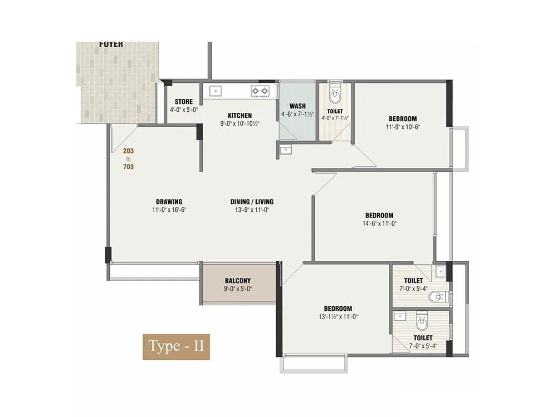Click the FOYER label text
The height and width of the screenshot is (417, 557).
click(111, 44)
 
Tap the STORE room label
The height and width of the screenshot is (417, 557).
click(184, 102)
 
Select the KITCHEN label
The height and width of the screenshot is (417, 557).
click(240, 116)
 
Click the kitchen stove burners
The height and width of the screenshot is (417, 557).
click(260, 90)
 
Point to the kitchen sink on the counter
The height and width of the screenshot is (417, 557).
click(214, 90)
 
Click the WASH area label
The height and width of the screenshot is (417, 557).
click(297, 106)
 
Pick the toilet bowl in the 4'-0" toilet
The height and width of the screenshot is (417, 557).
click(335, 97)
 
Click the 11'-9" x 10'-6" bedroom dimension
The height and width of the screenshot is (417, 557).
click(403, 127)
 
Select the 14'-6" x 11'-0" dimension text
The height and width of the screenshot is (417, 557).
click(379, 224)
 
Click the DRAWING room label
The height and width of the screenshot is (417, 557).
click(169, 202)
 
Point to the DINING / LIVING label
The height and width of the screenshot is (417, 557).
click(252, 202)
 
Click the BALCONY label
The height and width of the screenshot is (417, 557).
click(238, 281)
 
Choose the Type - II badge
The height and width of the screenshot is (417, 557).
click(176, 346)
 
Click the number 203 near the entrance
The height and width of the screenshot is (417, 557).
click(129, 151)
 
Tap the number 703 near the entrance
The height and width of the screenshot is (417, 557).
click(129, 166)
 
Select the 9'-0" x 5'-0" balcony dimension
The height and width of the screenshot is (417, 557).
click(238, 289)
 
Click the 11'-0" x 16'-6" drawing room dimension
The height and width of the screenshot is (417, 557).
click(169, 210)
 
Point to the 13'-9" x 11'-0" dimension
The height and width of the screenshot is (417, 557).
click(252, 210)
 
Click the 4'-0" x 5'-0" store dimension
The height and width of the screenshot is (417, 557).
click(184, 110)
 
